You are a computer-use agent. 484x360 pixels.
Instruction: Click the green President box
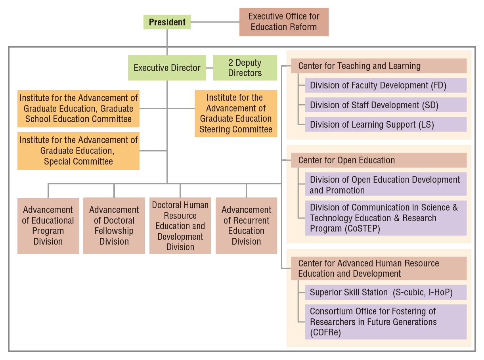point(167,22)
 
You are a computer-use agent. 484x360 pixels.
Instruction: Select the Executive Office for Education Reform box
point(284,22)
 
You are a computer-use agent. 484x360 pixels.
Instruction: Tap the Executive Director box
point(167,68)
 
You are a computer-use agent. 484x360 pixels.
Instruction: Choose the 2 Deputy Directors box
point(245,68)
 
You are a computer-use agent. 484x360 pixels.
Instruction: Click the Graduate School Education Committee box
point(78,109)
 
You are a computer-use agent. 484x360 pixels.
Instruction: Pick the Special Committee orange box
point(78,151)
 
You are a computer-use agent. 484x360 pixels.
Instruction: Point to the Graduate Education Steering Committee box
point(236,113)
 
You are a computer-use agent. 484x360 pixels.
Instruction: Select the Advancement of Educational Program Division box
point(48,226)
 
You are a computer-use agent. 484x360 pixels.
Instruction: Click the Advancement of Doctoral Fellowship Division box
point(114,226)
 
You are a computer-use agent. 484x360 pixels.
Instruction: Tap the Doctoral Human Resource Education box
point(180,226)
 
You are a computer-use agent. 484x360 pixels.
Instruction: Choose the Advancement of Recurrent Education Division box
point(246,226)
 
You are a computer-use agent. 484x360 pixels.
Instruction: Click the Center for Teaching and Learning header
point(379,66)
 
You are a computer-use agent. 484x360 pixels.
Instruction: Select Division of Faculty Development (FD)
point(386,85)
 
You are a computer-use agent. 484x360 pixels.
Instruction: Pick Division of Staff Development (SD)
point(386,105)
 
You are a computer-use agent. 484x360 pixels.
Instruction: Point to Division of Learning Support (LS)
point(386,124)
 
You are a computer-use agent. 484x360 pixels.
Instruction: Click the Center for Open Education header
point(379,160)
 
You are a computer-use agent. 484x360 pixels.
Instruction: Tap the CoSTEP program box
point(386,218)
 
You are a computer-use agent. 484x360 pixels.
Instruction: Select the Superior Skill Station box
point(386,292)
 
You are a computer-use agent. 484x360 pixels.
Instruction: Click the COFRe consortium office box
point(386,322)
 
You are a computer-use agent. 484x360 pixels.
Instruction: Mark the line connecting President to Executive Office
point(215,22)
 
